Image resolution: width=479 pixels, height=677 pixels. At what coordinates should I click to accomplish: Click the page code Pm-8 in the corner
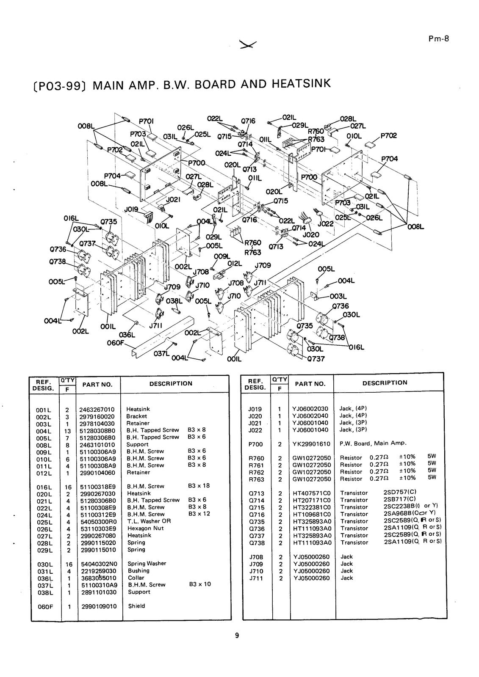pyautogui.click(x=438, y=39)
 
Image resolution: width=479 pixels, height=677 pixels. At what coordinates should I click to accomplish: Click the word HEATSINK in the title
pyautogui.click(x=301, y=83)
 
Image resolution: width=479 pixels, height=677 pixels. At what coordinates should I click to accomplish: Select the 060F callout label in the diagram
pyautogui.click(x=116, y=343)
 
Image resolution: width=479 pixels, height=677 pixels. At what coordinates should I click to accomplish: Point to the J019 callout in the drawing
pyautogui.click(x=131, y=209)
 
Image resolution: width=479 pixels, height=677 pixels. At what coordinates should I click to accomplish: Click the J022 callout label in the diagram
pyautogui.click(x=326, y=224)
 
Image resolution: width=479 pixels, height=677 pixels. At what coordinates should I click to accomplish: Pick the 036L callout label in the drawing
pyautogui.click(x=127, y=335)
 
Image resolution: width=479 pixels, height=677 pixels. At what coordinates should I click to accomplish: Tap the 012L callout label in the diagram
pyautogui.click(x=235, y=264)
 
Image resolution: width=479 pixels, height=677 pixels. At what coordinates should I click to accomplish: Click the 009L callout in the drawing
pyautogui.click(x=222, y=256)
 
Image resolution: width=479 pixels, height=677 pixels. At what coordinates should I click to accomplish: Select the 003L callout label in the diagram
pyautogui.click(x=338, y=296)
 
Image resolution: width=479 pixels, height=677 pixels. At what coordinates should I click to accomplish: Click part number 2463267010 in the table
pyautogui.click(x=97, y=410)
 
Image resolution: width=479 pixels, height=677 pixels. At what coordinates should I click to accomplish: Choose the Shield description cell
pyautogui.click(x=136, y=606)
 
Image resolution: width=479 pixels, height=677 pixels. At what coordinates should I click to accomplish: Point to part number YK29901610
pyautogui.click(x=311, y=444)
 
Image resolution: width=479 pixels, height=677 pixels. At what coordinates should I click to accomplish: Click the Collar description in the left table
pyautogui.click(x=136, y=578)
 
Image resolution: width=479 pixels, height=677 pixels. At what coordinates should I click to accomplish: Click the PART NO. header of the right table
pyautogui.click(x=310, y=384)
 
